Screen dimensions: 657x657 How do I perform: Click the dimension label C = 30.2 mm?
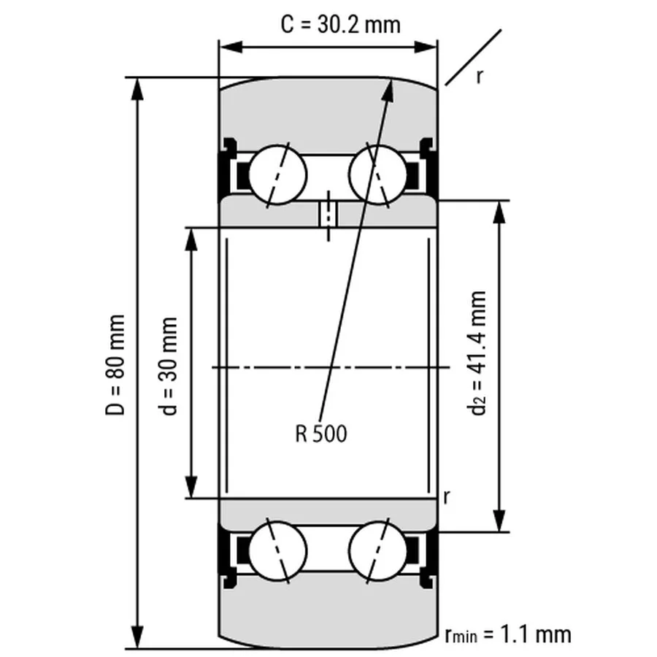(341, 24)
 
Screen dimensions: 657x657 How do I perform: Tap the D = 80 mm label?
(115, 365)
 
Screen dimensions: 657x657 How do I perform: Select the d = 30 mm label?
(169, 365)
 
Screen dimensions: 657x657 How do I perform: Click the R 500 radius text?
(321, 434)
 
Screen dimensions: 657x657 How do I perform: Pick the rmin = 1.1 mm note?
(507, 633)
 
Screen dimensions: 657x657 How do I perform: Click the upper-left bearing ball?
(277, 175)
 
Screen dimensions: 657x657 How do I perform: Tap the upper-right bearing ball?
(377, 175)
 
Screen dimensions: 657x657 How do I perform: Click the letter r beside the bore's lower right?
(446, 497)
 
